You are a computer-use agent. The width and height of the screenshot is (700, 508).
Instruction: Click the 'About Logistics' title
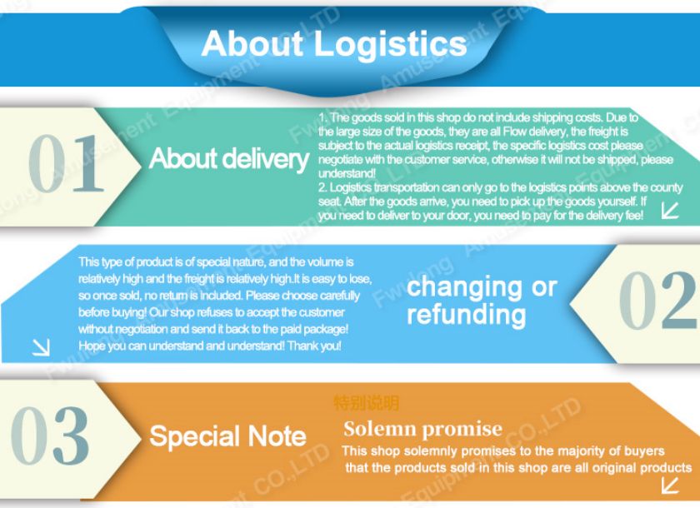[334, 42]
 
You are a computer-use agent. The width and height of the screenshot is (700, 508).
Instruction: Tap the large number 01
[67, 163]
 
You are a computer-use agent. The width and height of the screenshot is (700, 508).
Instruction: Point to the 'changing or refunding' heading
[481, 301]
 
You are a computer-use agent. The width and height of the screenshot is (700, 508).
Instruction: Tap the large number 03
[50, 436]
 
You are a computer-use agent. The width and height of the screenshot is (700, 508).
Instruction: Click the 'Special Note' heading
[227, 436]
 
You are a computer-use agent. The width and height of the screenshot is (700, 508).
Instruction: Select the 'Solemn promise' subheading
[422, 429]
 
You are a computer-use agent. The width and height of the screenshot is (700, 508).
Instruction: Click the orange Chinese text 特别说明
[367, 403]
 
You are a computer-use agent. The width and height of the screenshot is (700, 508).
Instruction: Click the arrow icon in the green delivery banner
[670, 210]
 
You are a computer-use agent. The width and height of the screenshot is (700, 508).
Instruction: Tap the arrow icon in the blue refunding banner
[40, 348]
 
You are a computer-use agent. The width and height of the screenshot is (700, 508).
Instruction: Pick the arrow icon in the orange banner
[669, 484]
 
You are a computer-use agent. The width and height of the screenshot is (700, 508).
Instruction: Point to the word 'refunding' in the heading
[466, 315]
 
